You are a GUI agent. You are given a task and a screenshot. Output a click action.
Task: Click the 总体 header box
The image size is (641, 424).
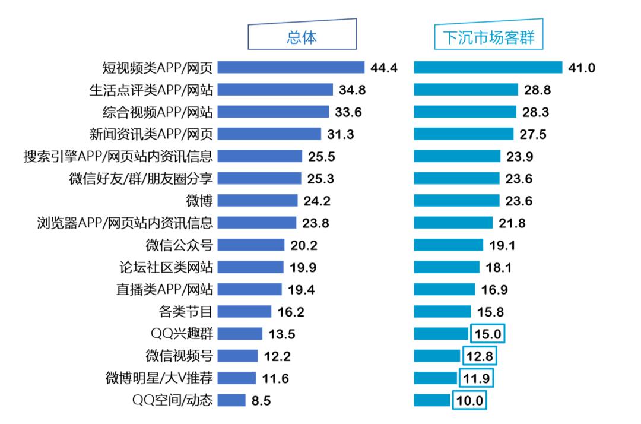[x=302, y=37]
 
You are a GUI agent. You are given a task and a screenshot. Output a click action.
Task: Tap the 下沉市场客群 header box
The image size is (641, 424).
[x=488, y=37]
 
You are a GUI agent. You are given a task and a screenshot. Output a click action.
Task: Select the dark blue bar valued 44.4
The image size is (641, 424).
[x=291, y=67]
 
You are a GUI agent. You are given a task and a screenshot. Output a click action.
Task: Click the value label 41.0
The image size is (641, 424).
[x=582, y=68]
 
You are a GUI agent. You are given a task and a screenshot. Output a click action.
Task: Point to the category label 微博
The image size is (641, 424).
[x=199, y=201]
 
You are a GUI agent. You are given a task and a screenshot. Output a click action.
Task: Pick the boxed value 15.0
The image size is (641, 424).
[x=488, y=334]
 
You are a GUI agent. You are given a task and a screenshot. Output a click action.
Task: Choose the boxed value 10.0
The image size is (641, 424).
[x=469, y=400]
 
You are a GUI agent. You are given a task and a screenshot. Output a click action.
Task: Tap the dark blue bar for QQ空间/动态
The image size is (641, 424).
[x=231, y=400]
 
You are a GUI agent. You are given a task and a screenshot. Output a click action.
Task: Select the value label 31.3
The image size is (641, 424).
[x=341, y=134]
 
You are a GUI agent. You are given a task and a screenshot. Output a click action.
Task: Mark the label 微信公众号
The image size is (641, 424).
[x=179, y=245]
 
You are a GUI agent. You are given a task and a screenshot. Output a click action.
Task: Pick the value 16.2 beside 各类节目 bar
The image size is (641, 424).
[x=291, y=312]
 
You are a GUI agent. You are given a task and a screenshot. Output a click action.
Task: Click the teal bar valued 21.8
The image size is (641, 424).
[x=453, y=223]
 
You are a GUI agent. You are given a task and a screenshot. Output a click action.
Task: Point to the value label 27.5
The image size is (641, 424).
[x=533, y=134]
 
